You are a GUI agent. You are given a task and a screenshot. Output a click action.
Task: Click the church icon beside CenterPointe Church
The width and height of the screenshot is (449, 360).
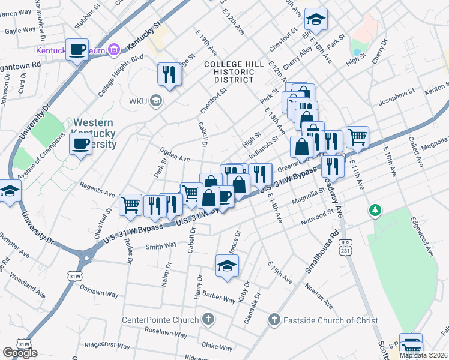pyautogui.click(x=208, y=319)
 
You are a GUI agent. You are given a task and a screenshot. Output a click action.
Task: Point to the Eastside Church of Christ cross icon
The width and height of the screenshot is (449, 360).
pyautogui.click(x=274, y=320)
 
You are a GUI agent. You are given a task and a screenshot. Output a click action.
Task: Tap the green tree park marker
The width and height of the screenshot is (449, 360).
pyautogui.click(x=375, y=209)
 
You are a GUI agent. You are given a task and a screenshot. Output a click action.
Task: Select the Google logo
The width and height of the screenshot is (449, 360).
pyautogui.click(x=20, y=353)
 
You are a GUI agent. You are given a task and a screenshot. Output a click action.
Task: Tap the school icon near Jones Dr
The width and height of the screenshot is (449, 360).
pyautogui.click(x=228, y=266)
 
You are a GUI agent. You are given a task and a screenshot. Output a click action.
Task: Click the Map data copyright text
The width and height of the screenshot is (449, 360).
pyautogui.click(x=423, y=355)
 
